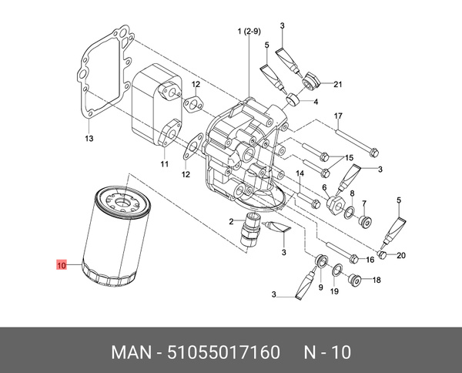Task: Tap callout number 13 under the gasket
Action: (89, 139)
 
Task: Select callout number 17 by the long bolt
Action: (337, 116)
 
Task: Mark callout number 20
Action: (401, 256)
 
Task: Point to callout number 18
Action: (377, 281)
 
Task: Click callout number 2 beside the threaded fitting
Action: (230, 222)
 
